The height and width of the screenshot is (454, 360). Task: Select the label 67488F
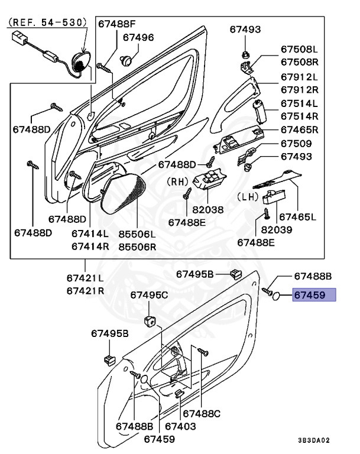coord(117,24)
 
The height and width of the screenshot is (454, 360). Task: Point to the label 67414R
coord(90,247)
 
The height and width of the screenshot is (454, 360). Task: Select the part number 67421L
coord(85,278)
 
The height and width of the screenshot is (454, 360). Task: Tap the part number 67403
coord(180,426)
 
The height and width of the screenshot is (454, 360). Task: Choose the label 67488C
coord(202,413)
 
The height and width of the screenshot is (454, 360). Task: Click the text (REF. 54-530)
coord(47,22)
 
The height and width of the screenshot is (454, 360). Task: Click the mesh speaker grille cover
coord(124,196)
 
